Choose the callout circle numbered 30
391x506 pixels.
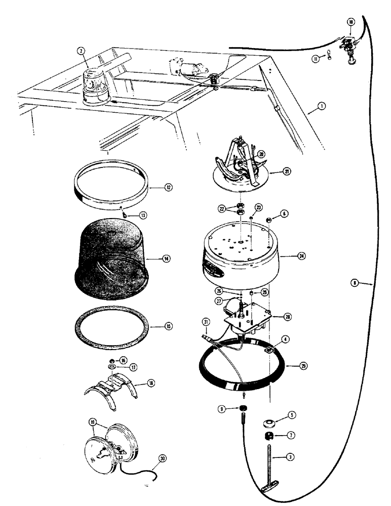pyautogui.click(x=162, y=459)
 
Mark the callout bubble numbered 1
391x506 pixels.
pyautogui.click(x=322, y=107)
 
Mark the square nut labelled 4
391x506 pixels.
pyautogui.click(x=270, y=349)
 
